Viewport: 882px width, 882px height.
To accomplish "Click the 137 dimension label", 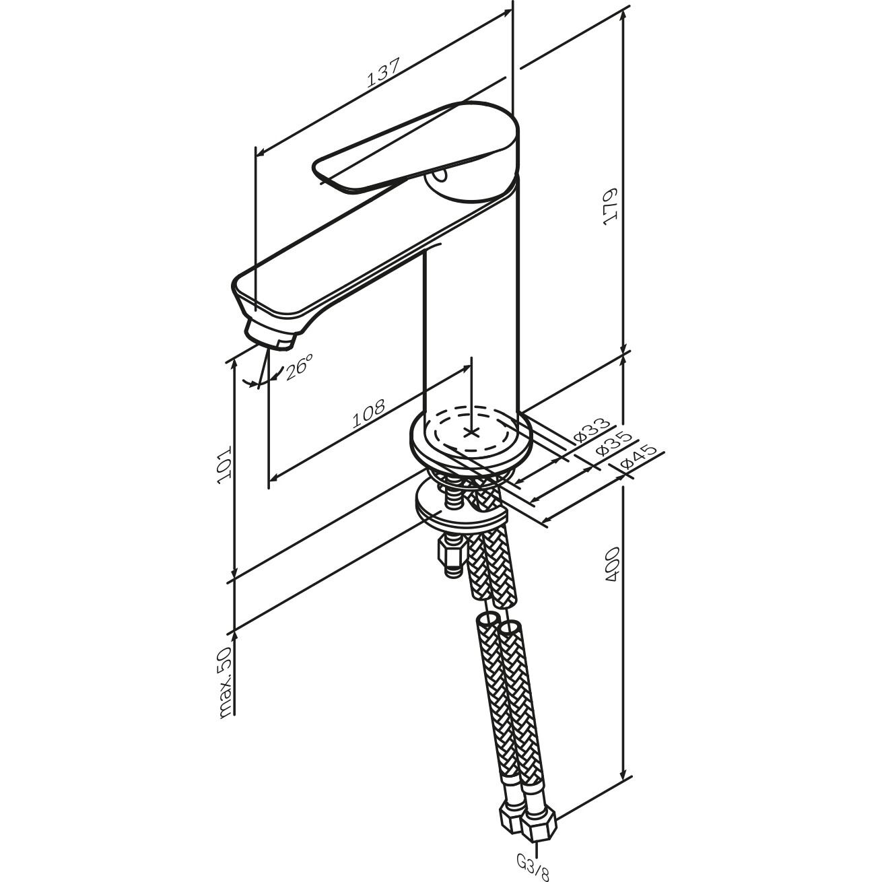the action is (384, 72).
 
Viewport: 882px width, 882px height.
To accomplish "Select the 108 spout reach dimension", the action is (368, 413).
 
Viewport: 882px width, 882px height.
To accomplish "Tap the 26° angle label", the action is (299, 366).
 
